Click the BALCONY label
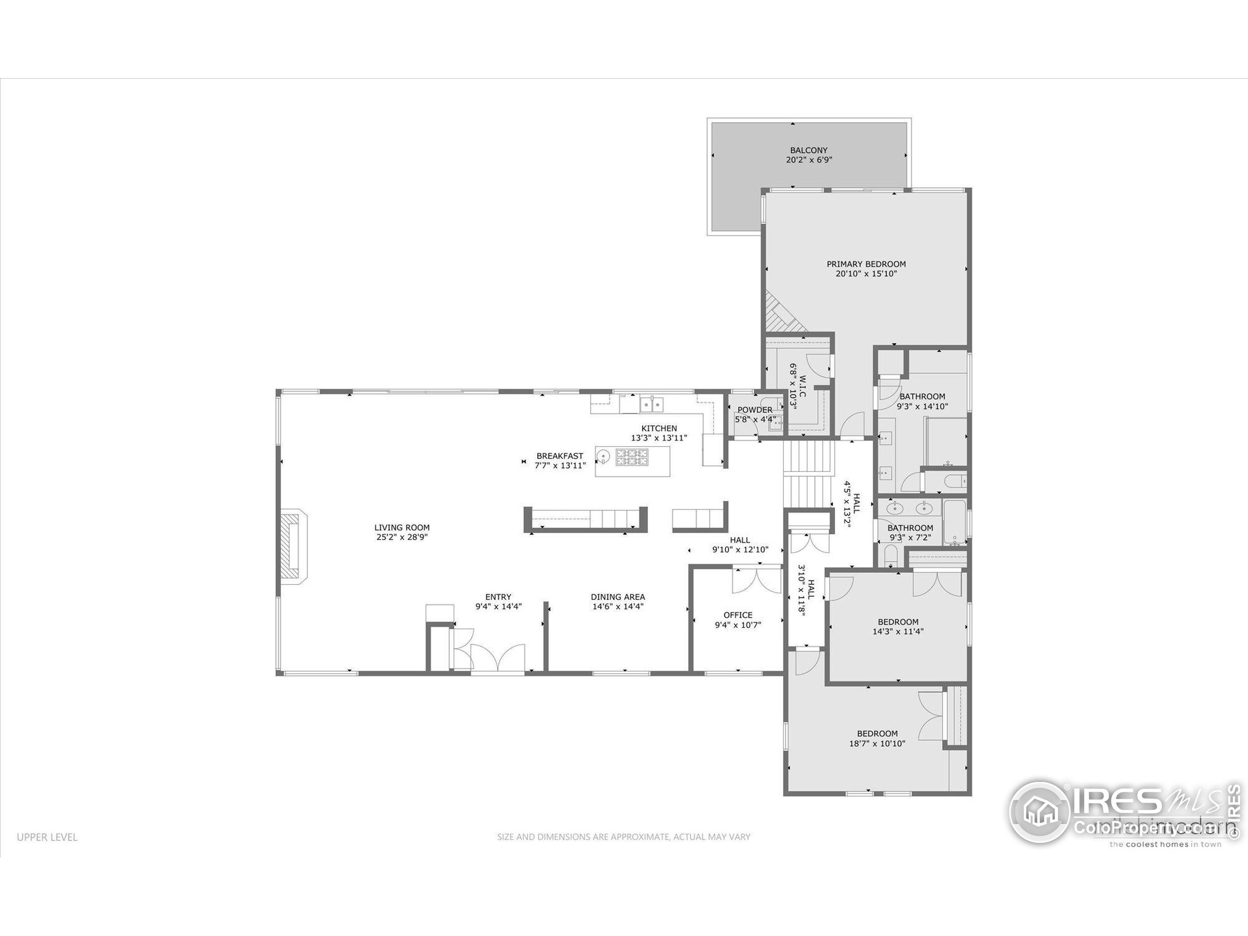(x=808, y=150)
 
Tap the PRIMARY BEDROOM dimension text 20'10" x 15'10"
(x=866, y=273)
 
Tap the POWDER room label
(x=754, y=409)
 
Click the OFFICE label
(x=738, y=615)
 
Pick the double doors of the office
(x=756, y=581)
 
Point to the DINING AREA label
(x=618, y=596)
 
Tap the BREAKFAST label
(x=560, y=456)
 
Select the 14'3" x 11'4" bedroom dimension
(x=897, y=631)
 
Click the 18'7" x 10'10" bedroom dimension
(x=877, y=743)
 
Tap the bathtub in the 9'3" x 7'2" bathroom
(x=955, y=523)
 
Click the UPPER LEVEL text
(x=47, y=837)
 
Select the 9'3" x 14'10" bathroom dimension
(x=922, y=406)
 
